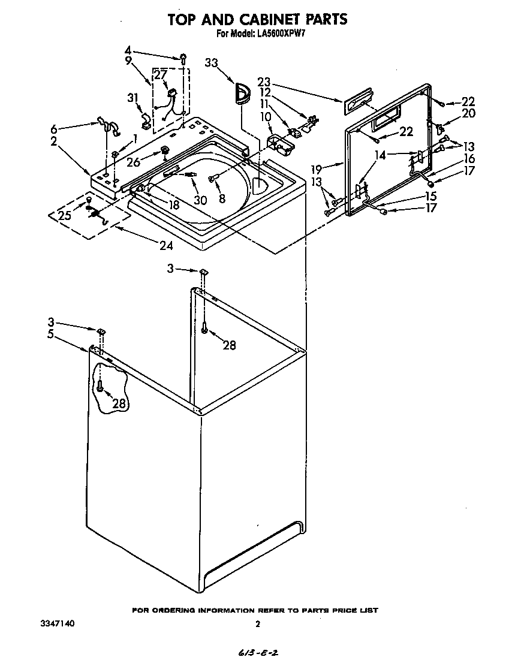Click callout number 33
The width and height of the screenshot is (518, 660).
point(212,62)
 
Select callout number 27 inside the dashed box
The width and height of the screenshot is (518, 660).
point(161,75)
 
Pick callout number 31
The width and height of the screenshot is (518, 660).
point(132,98)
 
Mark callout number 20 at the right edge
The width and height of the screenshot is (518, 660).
point(468,113)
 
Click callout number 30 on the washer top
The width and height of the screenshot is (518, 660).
point(200,200)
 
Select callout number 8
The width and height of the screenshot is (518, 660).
point(222,198)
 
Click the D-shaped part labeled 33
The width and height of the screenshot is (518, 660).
point(242,94)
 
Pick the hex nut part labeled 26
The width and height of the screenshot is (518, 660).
point(164,151)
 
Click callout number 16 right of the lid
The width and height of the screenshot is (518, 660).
point(468,159)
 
